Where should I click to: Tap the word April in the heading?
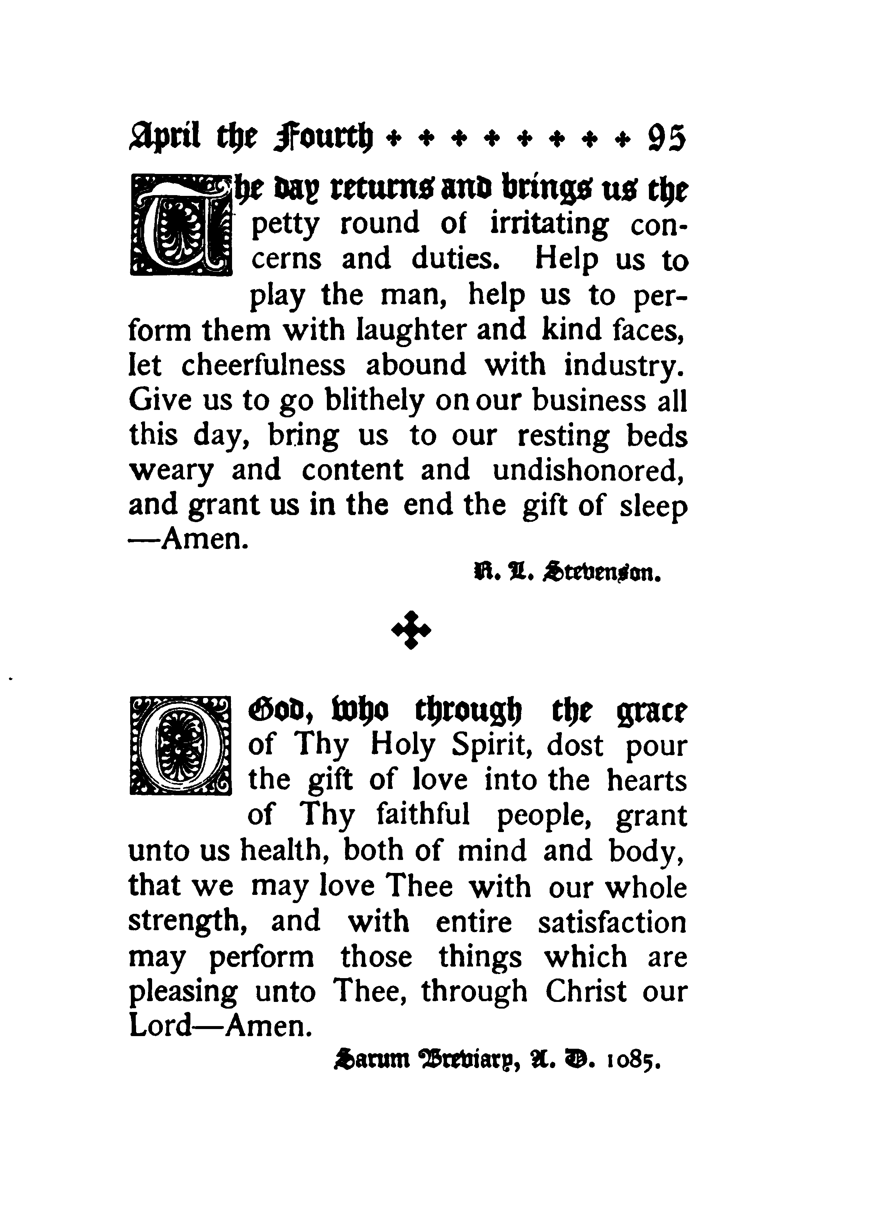pyautogui.click(x=164, y=139)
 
